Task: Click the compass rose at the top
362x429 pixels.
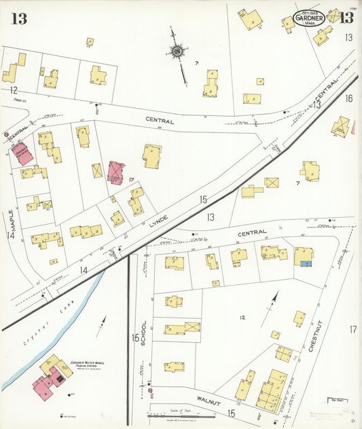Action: tap(177, 51)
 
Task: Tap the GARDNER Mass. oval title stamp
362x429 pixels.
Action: tap(309, 18)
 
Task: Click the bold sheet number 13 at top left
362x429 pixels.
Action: tap(18, 18)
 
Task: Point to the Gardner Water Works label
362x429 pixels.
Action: tap(87, 366)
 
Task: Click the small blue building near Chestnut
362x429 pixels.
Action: tap(306, 263)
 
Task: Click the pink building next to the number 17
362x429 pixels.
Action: tap(116, 172)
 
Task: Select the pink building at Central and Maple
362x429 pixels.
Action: tap(22, 153)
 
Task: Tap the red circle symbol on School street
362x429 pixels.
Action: tap(149, 391)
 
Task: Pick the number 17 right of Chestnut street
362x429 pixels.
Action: tap(352, 329)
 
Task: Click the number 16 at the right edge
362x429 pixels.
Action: tap(349, 99)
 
